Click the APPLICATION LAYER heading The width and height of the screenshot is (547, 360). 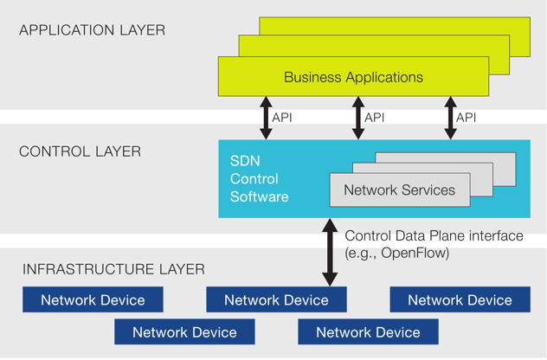tap(92, 30)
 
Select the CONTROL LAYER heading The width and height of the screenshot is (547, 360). tap(80, 151)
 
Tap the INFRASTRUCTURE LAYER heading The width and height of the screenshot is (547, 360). tap(113, 269)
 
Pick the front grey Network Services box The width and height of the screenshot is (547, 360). tap(400, 190)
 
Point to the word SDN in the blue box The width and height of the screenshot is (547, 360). tap(245, 161)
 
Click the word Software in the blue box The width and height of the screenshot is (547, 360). tap(259, 196)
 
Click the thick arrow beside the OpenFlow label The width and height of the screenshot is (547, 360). tap(330, 252)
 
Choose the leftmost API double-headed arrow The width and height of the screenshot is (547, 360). tap(266, 118)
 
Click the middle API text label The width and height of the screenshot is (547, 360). tap(374, 118)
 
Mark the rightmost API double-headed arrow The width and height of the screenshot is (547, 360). tap(450, 118)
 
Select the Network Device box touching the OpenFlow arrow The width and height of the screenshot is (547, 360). tap(276, 299)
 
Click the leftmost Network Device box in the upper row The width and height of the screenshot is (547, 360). tap(93, 299)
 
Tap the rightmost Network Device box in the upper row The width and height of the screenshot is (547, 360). tap(460, 299)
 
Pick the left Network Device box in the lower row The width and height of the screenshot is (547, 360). tap(184, 331)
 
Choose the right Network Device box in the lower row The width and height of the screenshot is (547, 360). tap(368, 331)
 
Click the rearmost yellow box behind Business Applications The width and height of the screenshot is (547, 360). tap(395, 26)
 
